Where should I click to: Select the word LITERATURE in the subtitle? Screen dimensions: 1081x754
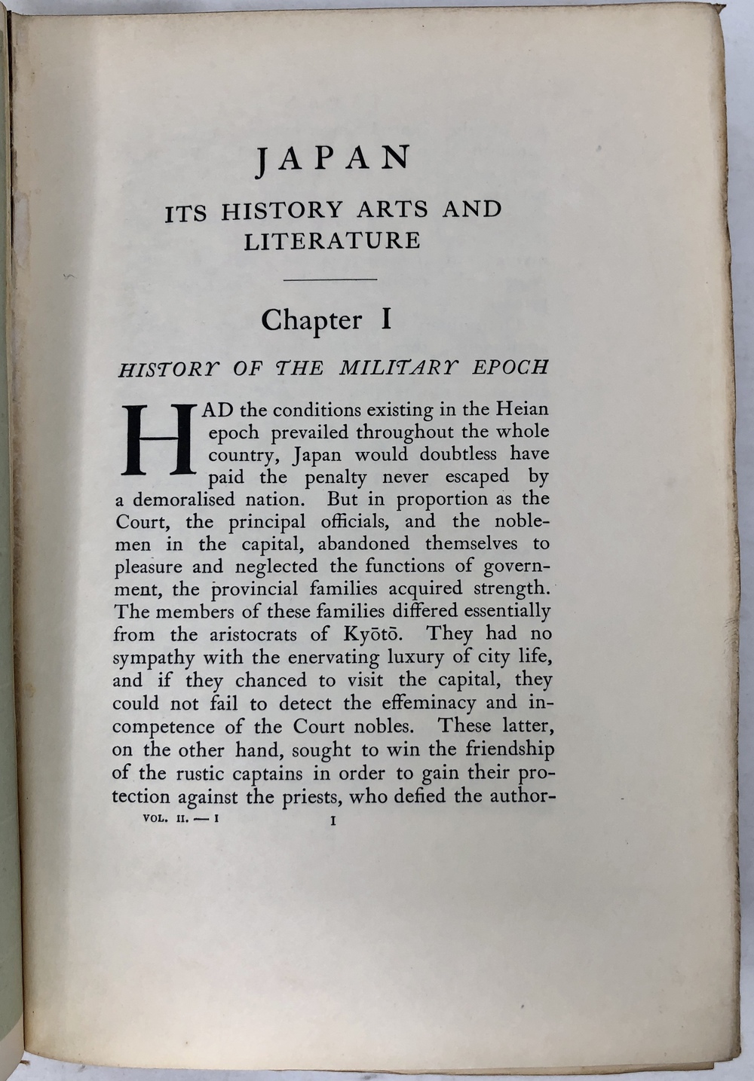(x=332, y=241)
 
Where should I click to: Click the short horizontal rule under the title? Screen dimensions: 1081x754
(x=329, y=280)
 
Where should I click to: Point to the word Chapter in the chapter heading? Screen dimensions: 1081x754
(x=311, y=321)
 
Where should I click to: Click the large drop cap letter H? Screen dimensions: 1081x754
(x=159, y=441)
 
